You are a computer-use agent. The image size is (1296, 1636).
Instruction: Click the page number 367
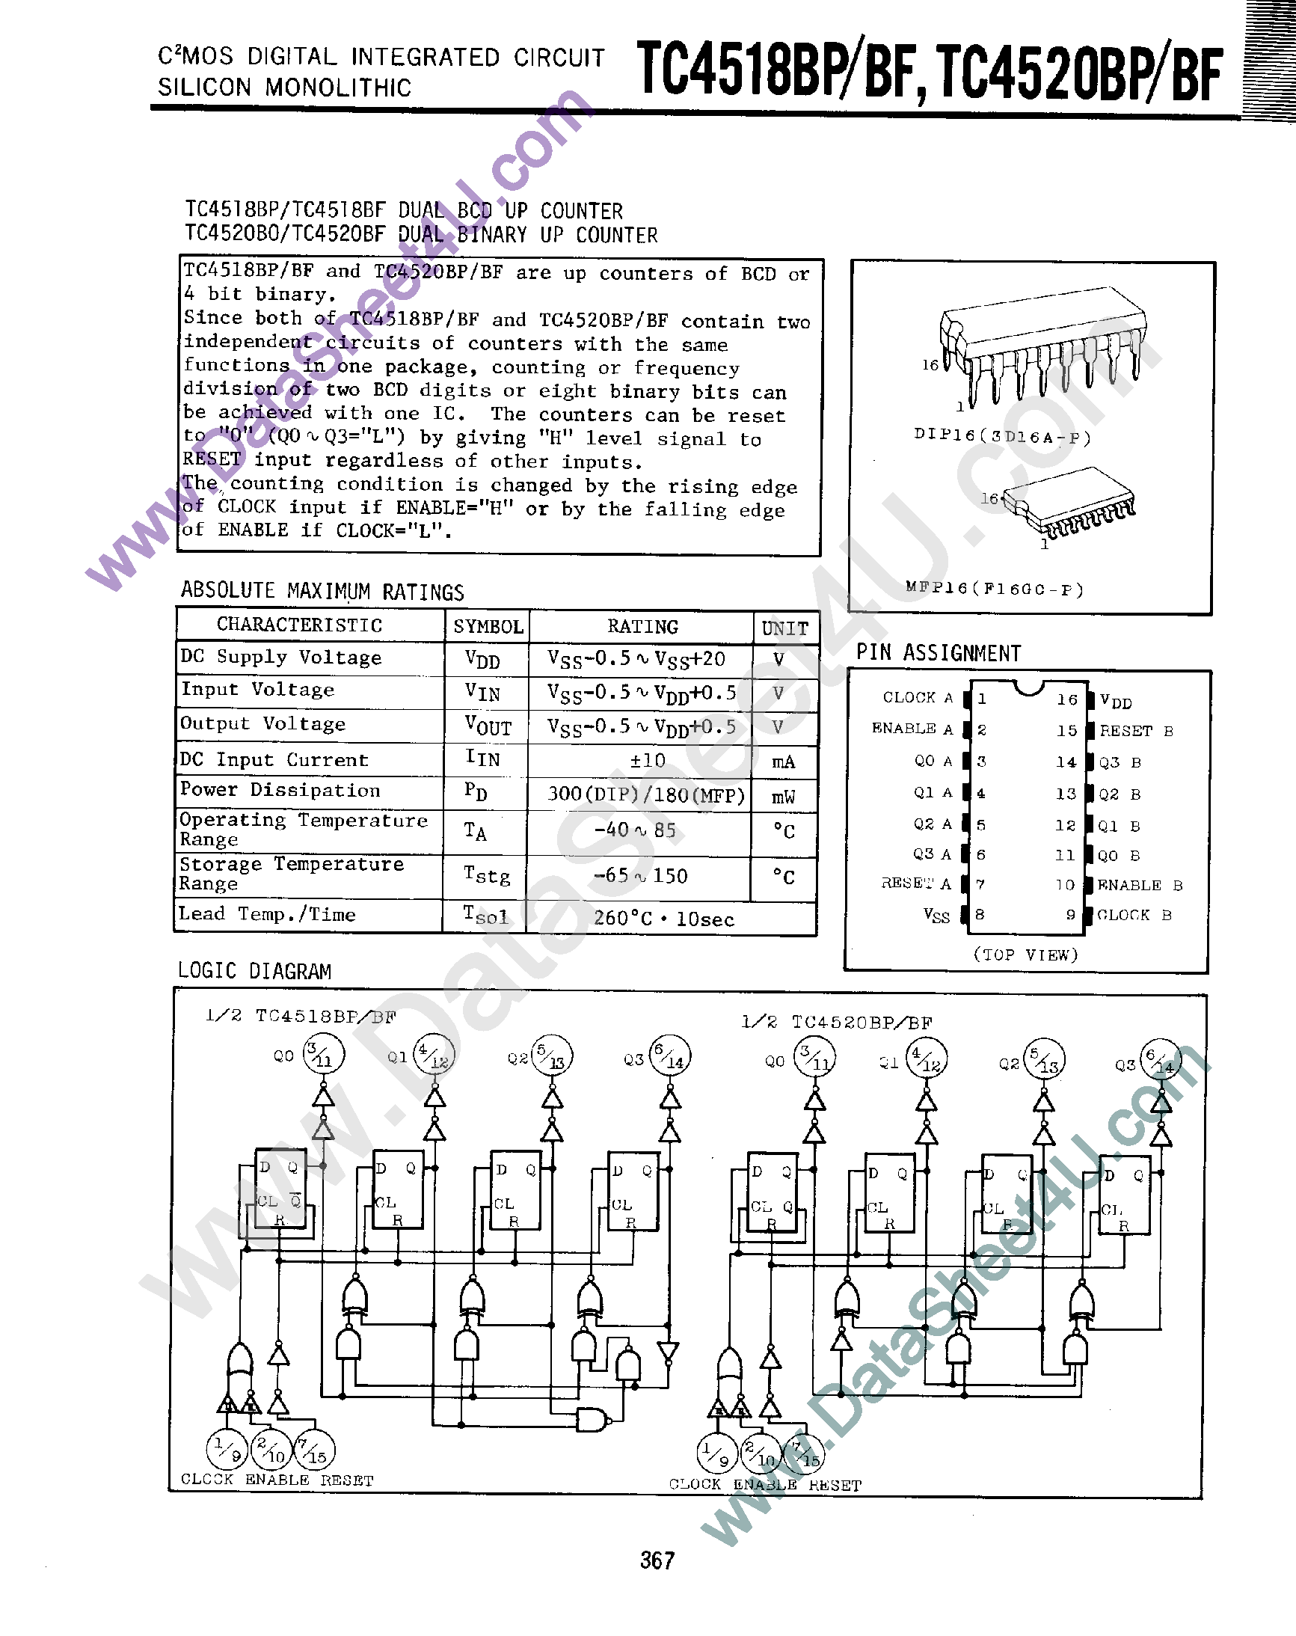[657, 1560]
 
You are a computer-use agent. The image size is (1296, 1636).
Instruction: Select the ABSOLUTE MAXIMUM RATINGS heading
[322, 592]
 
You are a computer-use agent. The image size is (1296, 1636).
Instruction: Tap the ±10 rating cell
[647, 760]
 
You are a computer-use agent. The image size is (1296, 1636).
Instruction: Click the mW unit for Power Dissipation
[783, 796]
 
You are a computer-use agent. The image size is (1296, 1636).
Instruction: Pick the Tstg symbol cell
[486, 876]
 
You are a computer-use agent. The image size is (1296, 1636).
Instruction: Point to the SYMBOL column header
[488, 627]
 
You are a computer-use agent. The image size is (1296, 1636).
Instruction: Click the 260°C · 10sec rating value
[663, 919]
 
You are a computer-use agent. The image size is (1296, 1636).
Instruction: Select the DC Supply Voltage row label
[280, 657]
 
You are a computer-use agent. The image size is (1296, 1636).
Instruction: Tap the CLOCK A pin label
[918, 697]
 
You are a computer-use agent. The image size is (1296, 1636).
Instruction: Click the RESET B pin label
[1136, 731]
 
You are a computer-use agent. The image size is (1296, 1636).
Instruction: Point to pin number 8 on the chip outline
[980, 914]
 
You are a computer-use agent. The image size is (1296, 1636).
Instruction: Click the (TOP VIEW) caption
[1025, 955]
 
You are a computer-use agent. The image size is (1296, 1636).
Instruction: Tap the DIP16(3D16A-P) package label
[1001, 437]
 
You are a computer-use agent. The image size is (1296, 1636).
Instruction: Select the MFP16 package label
[994, 588]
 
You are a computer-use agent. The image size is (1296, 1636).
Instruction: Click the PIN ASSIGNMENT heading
[938, 653]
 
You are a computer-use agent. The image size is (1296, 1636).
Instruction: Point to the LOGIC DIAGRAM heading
[254, 971]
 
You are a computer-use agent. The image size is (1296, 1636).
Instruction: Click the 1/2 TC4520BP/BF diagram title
[836, 1022]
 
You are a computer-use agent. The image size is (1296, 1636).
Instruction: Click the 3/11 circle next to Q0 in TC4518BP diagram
[323, 1054]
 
